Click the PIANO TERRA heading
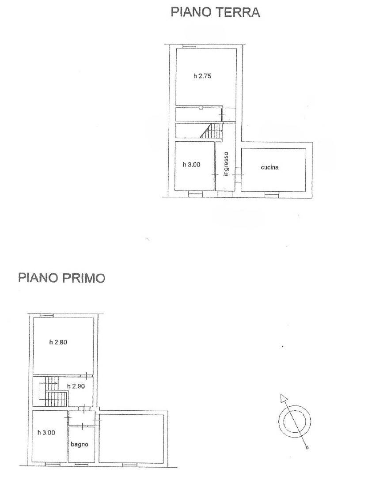tap(215, 12)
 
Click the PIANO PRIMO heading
tap(61, 278)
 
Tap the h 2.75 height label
tap(202, 76)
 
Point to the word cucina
tap(269, 167)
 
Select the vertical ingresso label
tap(225, 164)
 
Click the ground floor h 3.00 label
tap(191, 164)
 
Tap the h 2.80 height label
tap(58, 342)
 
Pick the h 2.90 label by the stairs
tap(76, 386)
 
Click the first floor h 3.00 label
tap(46, 432)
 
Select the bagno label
tap(79, 445)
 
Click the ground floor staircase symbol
tap(211, 130)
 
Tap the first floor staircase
tap(53, 392)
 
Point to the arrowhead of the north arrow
tap(283, 398)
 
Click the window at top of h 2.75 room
tap(190, 47)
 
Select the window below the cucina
tap(272, 196)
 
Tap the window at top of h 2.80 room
tap(46, 315)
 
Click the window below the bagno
tap(82, 464)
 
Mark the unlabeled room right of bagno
tap(131, 438)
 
